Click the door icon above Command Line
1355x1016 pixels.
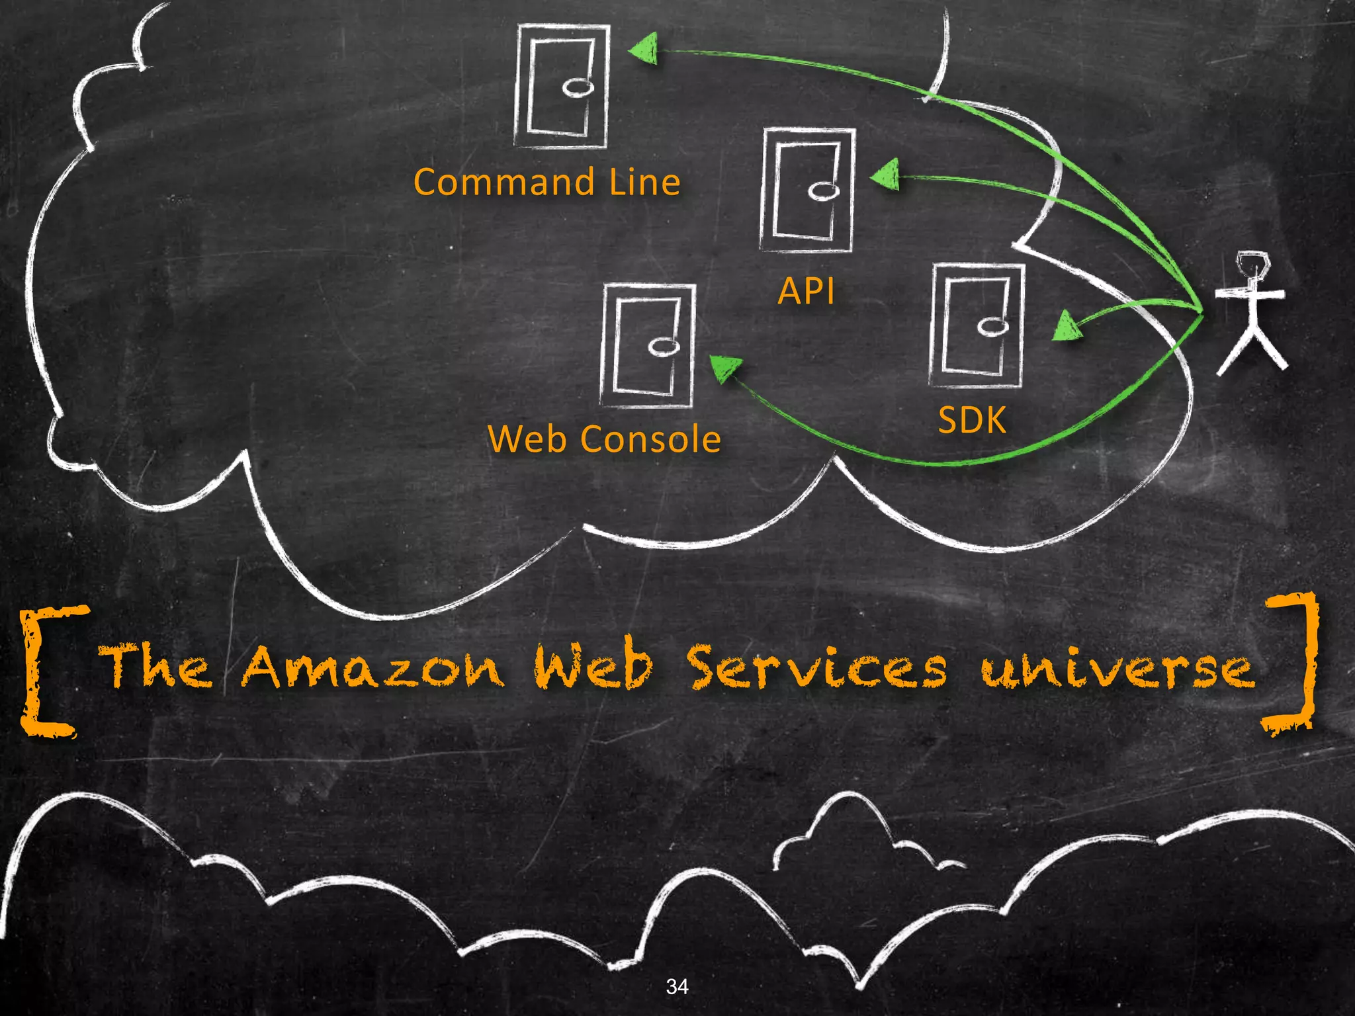pos(561,86)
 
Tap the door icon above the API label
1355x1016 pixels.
pos(807,190)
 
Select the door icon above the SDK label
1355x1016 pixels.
pos(977,325)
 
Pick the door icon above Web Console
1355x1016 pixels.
pos(648,345)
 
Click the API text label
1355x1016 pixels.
pos(806,291)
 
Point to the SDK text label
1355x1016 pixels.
pos(972,420)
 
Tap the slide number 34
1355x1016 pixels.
pos(677,986)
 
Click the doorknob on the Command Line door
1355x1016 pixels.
pos(578,87)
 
